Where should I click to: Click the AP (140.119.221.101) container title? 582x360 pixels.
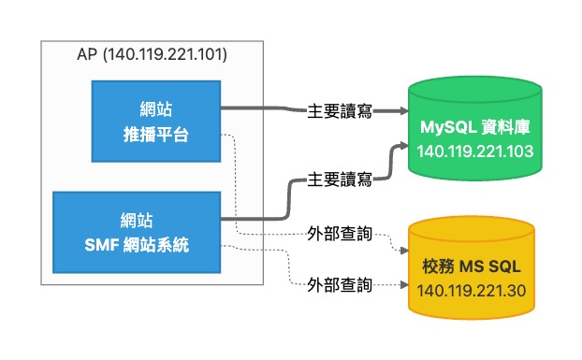[152, 54]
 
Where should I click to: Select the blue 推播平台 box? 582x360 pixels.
[156, 122]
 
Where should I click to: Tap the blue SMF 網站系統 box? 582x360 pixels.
[137, 233]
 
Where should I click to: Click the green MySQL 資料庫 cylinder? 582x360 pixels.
[475, 129]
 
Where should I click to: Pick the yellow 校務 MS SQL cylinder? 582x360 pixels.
[472, 267]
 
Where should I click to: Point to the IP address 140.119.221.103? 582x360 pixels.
[475, 151]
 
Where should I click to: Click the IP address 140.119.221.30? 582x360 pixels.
[472, 291]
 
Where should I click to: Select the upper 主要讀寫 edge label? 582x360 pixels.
[340, 111]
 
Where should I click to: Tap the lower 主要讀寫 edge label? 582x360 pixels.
[340, 180]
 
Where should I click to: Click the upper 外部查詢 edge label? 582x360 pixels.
[340, 235]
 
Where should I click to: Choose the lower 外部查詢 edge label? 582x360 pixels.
[340, 285]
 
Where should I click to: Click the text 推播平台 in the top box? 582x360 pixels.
[156, 135]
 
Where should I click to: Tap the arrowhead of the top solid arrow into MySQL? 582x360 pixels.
[404, 111]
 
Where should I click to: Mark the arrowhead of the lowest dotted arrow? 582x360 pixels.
[404, 285]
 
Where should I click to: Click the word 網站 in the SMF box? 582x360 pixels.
[137, 221]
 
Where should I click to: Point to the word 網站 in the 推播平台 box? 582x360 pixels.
[156, 109]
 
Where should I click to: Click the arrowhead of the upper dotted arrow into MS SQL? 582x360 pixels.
[404, 251]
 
